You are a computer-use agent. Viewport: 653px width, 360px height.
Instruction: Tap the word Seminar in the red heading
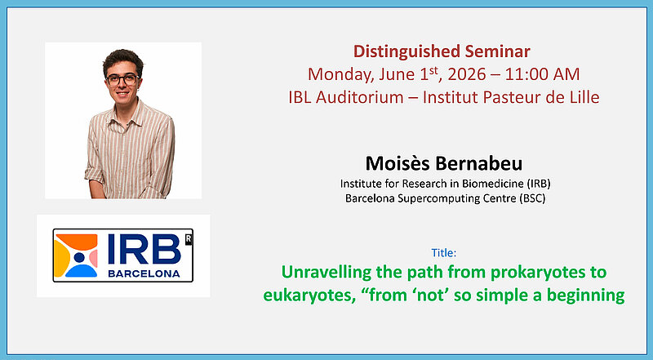pyautogui.click(x=498, y=51)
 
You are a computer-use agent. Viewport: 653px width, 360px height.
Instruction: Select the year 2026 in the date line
pyautogui.click(x=467, y=74)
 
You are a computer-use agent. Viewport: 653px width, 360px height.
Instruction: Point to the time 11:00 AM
pyautogui.click(x=542, y=74)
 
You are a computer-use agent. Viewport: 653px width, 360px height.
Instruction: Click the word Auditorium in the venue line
pyautogui.click(x=360, y=97)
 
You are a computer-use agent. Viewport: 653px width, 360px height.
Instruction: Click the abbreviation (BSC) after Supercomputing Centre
pyautogui.click(x=532, y=198)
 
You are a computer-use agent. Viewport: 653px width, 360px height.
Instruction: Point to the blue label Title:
pyautogui.click(x=444, y=253)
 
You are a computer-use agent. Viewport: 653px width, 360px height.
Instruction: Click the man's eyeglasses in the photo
pyautogui.click(x=122, y=79)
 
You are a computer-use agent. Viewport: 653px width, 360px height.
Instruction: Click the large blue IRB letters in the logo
pyautogui.click(x=144, y=249)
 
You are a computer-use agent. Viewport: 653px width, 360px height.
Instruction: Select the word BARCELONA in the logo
pyautogui.click(x=144, y=273)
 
